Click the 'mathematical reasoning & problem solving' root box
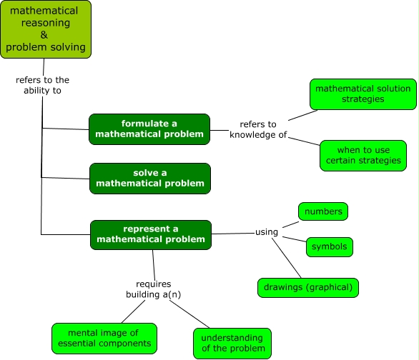(x=46, y=29)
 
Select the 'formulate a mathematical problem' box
(x=149, y=129)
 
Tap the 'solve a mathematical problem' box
(x=149, y=178)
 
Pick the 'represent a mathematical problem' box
(x=150, y=234)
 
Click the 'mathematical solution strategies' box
(x=363, y=94)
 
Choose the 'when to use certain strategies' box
(x=363, y=155)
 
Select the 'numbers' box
(x=323, y=211)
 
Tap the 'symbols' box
(x=330, y=246)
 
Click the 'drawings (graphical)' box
(x=307, y=287)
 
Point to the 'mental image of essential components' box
(x=104, y=338)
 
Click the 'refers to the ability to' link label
(x=42, y=85)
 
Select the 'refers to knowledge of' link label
(x=257, y=129)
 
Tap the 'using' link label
(x=267, y=232)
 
